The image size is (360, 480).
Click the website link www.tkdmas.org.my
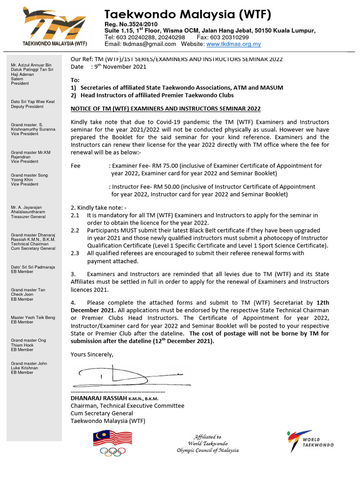(233, 44)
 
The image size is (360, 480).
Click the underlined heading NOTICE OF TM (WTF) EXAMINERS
(165, 109)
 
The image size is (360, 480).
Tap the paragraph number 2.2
(75, 231)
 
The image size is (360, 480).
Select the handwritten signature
(122, 375)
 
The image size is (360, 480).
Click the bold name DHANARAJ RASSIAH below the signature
(96, 398)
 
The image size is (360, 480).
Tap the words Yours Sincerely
(92, 354)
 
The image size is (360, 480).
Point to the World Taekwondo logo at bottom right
(310, 441)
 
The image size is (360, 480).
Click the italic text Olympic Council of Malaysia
(208, 450)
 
